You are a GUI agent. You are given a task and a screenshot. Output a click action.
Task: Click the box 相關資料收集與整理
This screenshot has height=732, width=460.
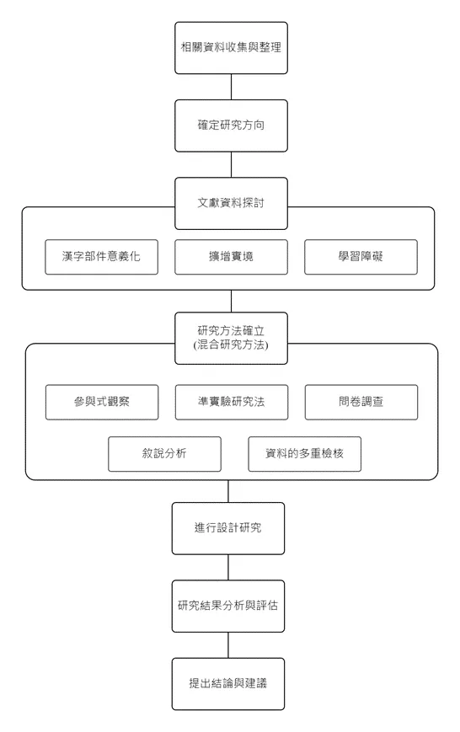(230, 48)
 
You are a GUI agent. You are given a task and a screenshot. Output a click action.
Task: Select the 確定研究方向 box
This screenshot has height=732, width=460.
(230, 126)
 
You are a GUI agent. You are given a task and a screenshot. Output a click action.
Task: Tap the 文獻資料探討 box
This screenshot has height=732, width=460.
(230, 203)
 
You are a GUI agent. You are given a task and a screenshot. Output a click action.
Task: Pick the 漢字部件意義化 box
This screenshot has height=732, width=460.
(101, 257)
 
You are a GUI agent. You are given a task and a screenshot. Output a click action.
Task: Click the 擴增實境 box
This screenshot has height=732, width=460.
(231, 257)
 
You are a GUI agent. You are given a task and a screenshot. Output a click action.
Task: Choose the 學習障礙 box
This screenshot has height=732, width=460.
(360, 257)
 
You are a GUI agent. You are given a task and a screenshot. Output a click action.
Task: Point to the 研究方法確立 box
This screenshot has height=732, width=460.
(231, 331)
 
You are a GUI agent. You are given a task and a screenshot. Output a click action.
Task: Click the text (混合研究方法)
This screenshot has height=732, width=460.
(231, 345)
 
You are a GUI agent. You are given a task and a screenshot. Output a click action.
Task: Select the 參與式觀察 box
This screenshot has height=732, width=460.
(101, 402)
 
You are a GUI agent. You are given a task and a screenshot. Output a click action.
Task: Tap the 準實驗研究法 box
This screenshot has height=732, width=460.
(231, 402)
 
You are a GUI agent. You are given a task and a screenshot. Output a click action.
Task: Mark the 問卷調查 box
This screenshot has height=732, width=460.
(360, 402)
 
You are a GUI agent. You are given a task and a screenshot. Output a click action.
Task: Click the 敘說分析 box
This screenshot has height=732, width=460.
(164, 454)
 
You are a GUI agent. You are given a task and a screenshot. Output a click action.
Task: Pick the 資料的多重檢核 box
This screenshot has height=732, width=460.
(304, 454)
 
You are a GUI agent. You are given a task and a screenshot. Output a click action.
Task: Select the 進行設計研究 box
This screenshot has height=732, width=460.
(228, 528)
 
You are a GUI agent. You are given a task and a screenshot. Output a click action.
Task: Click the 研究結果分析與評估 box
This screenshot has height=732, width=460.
(228, 606)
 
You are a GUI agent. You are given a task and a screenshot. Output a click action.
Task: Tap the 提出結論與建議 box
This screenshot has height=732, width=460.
(228, 683)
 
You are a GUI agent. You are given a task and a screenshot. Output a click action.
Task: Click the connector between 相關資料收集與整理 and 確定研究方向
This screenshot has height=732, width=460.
(230, 87)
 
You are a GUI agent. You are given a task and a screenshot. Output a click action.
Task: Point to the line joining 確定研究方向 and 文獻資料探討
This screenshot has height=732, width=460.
(230, 164)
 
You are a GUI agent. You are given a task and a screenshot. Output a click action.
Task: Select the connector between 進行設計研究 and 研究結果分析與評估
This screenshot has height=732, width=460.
(228, 567)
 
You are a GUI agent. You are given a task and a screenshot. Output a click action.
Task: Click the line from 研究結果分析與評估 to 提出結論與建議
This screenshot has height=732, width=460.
(228, 644)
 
